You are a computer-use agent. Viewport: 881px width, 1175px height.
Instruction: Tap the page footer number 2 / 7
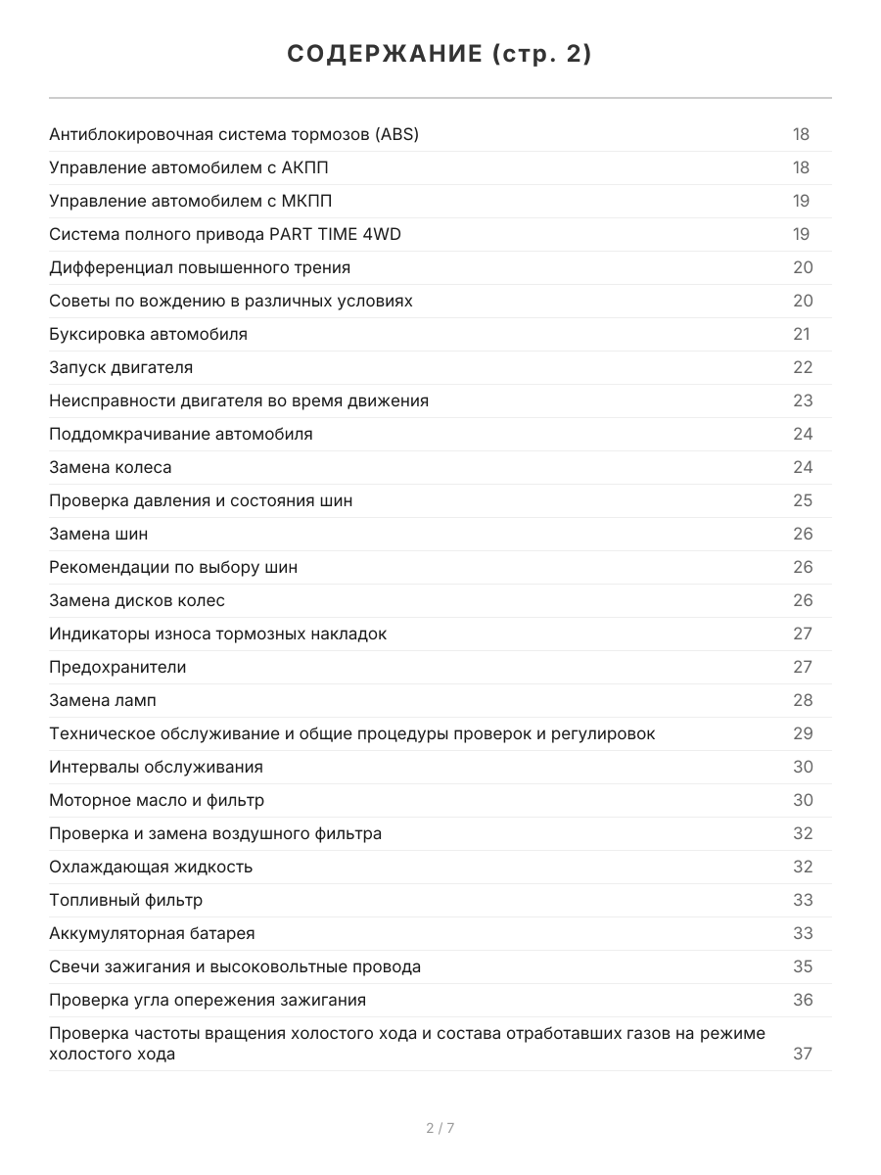tap(440, 1128)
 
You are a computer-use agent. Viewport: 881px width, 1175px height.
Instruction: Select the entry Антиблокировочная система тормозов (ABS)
tap(234, 135)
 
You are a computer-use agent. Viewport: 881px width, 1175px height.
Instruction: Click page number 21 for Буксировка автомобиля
tap(802, 335)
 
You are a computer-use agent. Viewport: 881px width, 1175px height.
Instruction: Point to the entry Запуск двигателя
tap(121, 368)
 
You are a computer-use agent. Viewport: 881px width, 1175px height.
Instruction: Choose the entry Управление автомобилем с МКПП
tap(191, 202)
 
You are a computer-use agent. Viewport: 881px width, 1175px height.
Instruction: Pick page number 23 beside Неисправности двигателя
tap(803, 401)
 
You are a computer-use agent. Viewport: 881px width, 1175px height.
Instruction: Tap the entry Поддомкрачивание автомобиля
tap(181, 435)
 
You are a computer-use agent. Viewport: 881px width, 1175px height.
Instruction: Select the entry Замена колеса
tap(111, 468)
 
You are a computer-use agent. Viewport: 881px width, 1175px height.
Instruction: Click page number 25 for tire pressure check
tap(803, 501)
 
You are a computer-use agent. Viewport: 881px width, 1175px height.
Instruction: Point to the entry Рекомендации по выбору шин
tap(173, 568)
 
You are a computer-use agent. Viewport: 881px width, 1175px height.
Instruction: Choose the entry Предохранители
tap(117, 668)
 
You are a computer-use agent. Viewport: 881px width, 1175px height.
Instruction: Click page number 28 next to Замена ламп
tap(803, 701)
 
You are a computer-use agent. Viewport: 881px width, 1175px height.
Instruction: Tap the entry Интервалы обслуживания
tap(157, 768)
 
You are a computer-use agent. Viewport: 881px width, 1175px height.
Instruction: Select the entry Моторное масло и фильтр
tap(157, 801)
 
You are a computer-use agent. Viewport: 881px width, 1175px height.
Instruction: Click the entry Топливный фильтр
tap(126, 901)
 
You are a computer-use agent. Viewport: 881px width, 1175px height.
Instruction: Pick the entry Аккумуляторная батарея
tap(152, 934)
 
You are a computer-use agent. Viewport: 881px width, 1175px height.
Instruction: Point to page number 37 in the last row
tap(803, 1055)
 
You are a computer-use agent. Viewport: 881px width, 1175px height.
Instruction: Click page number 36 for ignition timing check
tap(803, 1001)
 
